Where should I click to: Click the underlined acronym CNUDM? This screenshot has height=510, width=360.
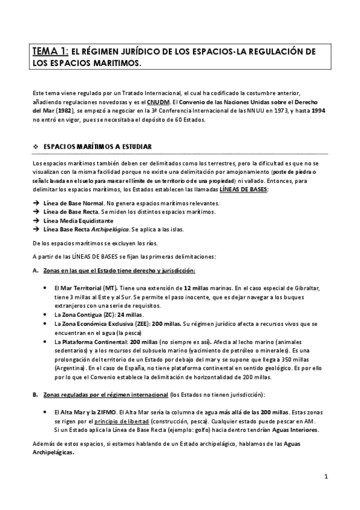[158, 102]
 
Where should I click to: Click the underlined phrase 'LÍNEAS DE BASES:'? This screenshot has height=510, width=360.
[244, 189]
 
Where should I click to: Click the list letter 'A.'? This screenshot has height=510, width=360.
[35, 271]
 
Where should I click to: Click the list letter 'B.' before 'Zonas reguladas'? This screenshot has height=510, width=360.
[35, 395]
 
